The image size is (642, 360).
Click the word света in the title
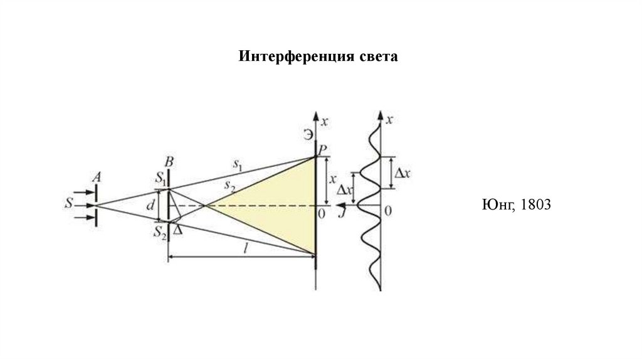[379, 57]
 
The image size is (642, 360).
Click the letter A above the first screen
[97, 177]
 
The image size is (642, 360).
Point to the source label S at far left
[68, 204]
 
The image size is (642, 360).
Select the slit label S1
[161, 177]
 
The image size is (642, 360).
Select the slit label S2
[160, 232]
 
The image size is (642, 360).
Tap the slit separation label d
[149, 204]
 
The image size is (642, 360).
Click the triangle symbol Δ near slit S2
[178, 230]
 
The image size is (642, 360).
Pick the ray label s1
[238, 164]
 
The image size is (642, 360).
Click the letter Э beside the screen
[307, 134]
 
